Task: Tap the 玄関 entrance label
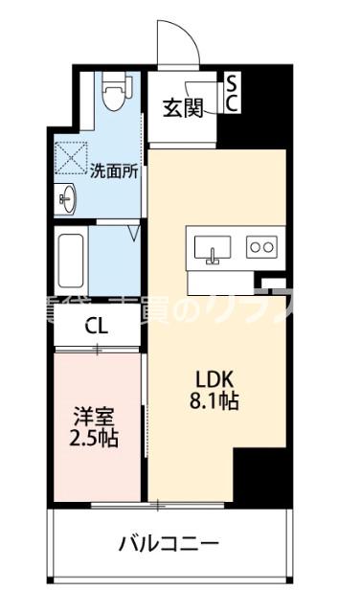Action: tap(182, 108)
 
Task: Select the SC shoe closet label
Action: tap(232, 95)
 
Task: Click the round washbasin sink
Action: tap(67, 201)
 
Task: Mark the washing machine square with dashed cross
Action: tap(71, 157)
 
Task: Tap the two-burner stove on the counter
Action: tap(259, 248)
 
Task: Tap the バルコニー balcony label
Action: tap(169, 543)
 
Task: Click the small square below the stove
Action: tap(276, 285)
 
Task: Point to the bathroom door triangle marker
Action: tap(135, 231)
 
